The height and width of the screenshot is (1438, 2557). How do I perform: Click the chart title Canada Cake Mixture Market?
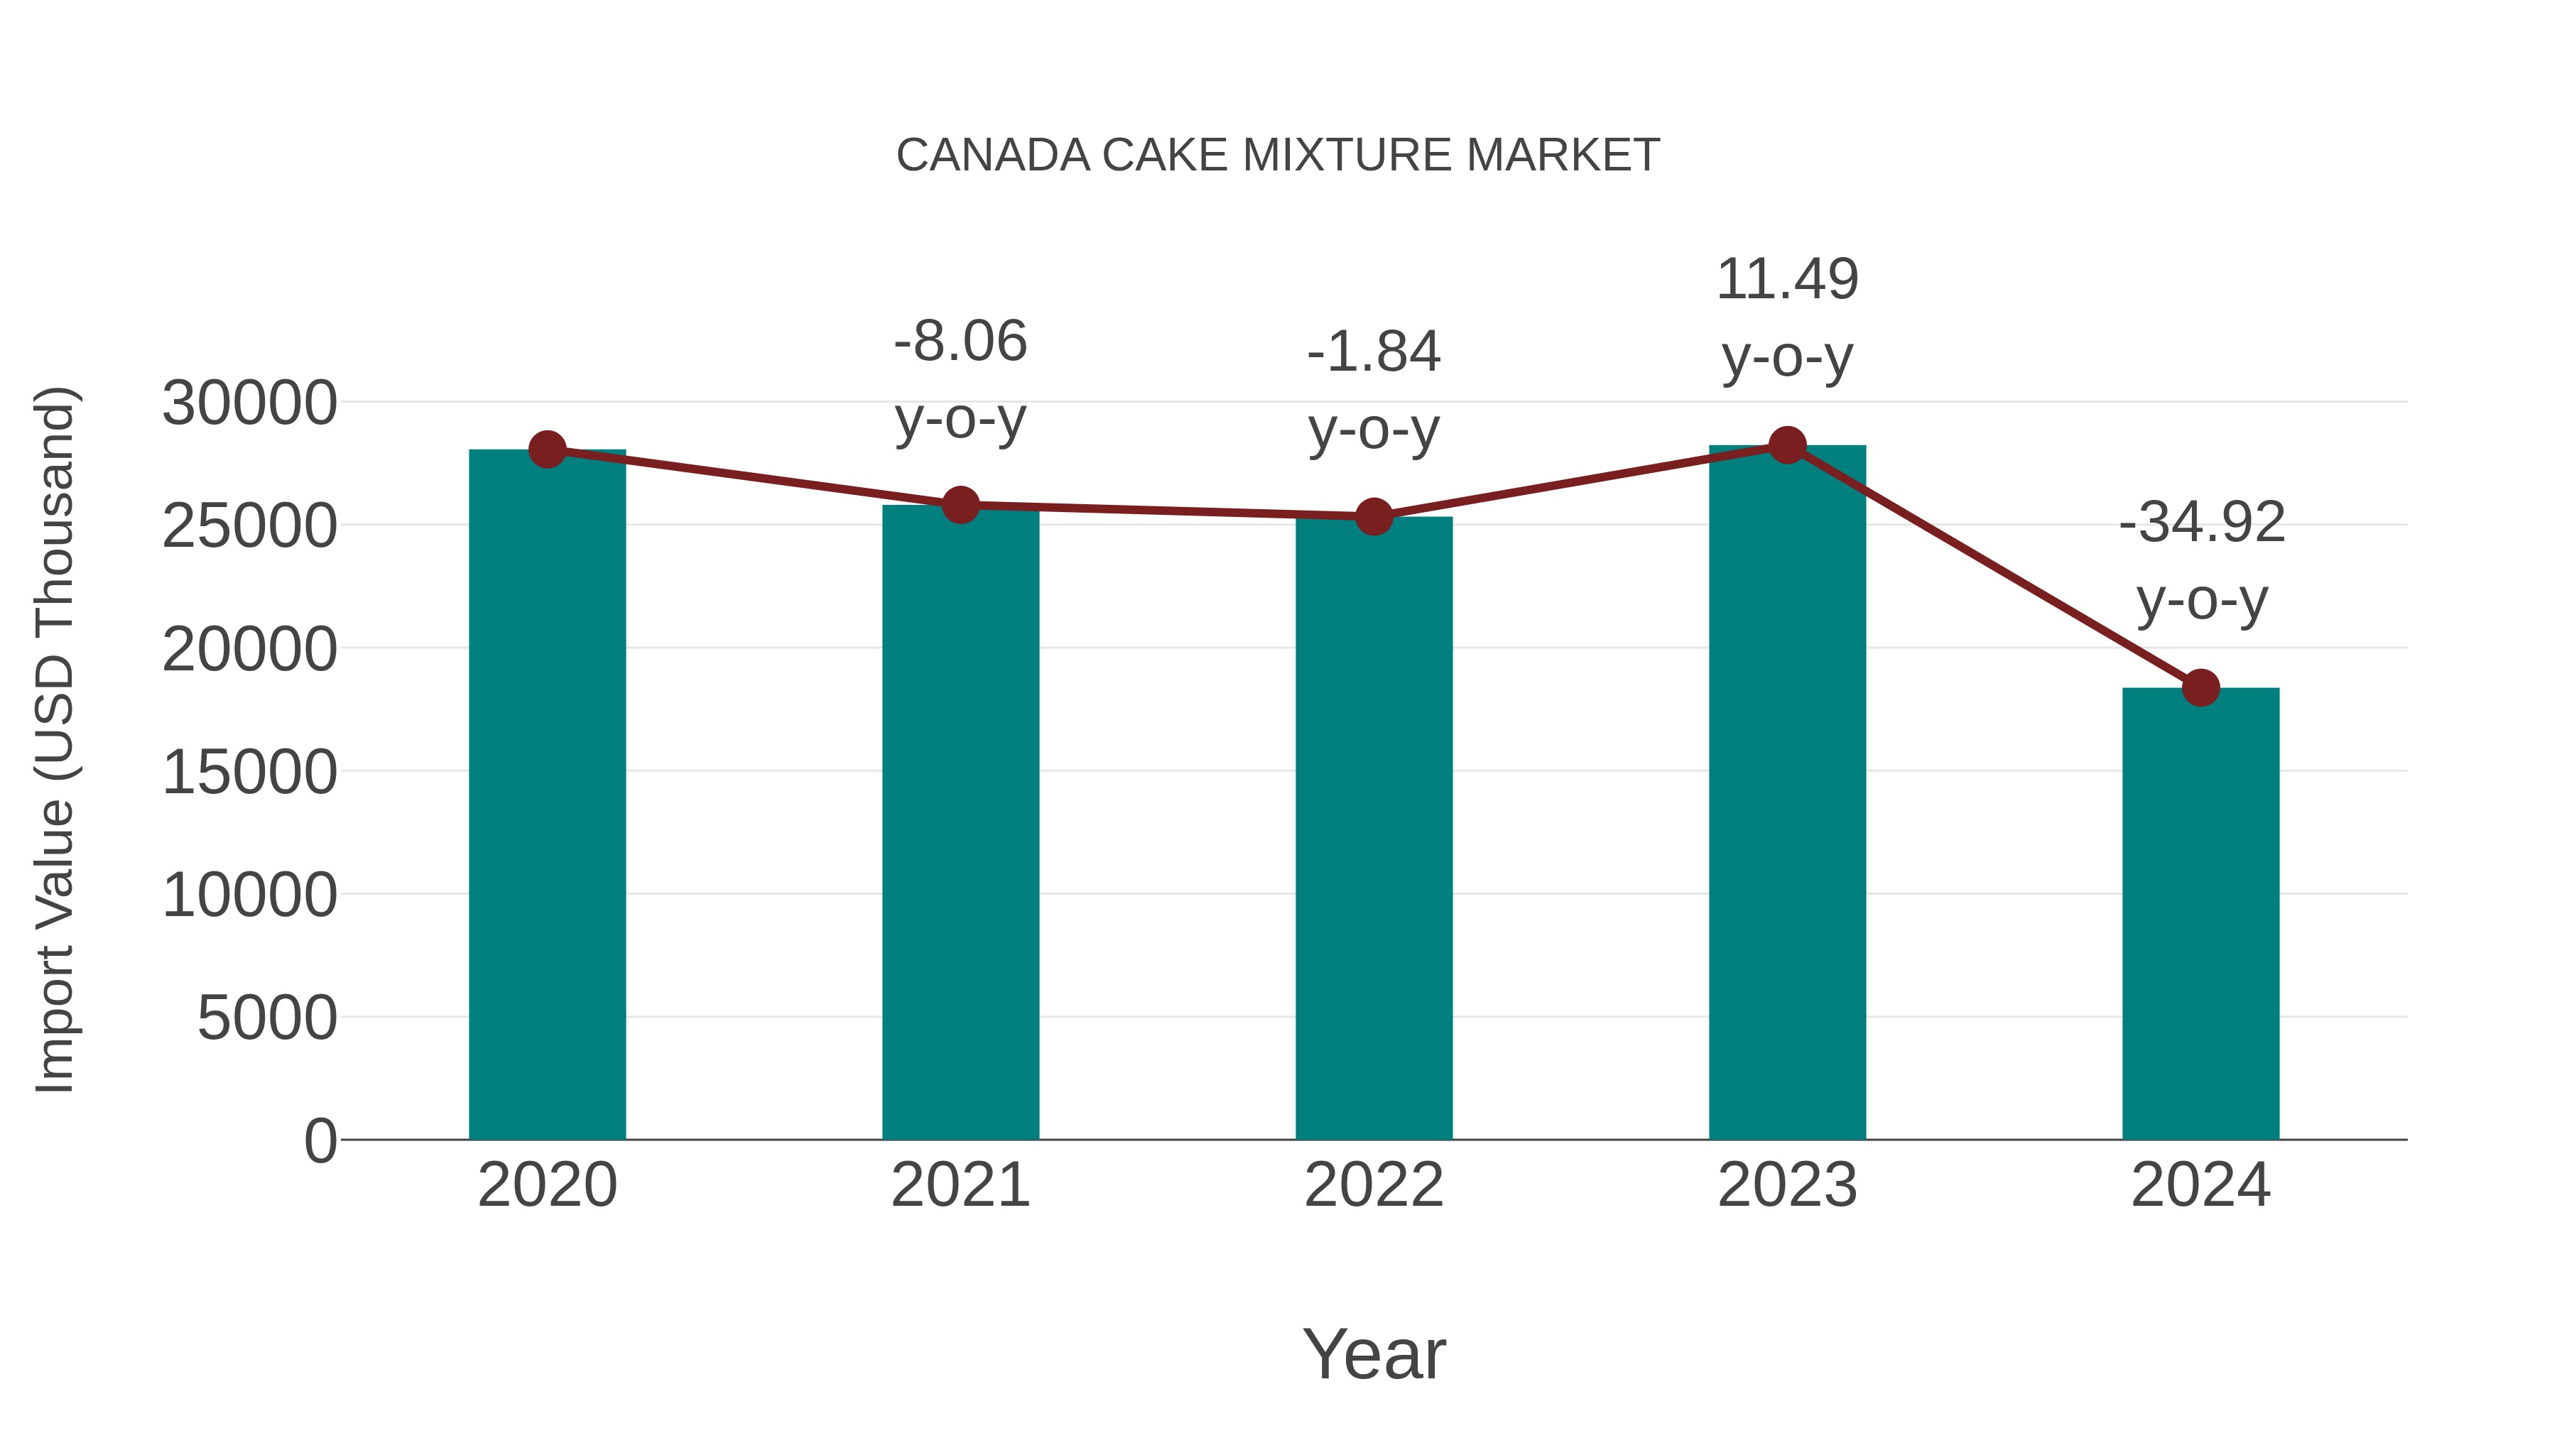click(1278, 156)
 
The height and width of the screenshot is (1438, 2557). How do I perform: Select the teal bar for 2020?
click(547, 794)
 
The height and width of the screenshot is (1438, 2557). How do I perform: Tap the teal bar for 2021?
click(960, 824)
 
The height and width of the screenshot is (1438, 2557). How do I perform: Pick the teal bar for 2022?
click(1374, 829)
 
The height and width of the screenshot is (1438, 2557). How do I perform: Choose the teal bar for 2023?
click(1787, 794)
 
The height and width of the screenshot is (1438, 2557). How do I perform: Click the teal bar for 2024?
click(2200, 913)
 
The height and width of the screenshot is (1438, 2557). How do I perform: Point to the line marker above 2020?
click(547, 450)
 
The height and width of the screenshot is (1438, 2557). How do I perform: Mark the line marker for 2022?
click(1374, 516)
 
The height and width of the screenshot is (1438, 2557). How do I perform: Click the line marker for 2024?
click(2200, 687)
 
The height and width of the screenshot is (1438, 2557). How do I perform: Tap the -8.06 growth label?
click(960, 342)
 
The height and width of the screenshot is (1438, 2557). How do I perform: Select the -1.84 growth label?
click(1374, 352)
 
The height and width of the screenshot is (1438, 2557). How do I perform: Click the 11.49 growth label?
click(1787, 280)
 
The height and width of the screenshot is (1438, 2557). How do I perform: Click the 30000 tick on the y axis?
click(249, 404)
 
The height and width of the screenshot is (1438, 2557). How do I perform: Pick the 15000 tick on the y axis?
click(249, 772)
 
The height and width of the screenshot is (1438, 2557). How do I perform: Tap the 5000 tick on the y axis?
click(267, 1018)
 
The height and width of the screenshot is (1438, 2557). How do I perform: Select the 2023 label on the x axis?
click(1787, 1185)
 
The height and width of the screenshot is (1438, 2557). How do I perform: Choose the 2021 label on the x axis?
click(960, 1185)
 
